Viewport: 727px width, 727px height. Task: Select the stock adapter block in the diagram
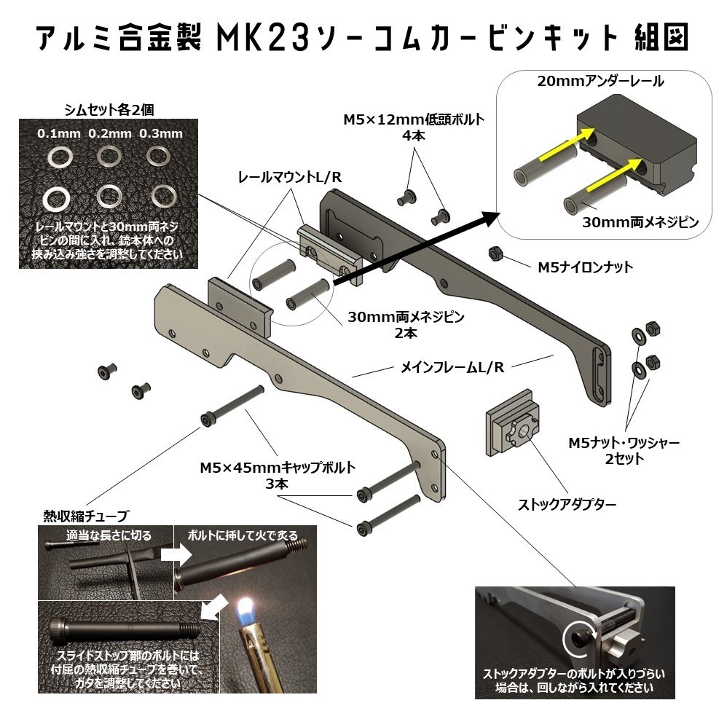[x=512, y=429]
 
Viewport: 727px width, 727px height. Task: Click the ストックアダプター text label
[x=567, y=503]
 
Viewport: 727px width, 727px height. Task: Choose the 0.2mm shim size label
[x=110, y=134]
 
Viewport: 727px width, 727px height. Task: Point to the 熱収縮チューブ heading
[x=85, y=516]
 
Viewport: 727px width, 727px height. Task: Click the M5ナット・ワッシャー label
[x=625, y=443]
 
